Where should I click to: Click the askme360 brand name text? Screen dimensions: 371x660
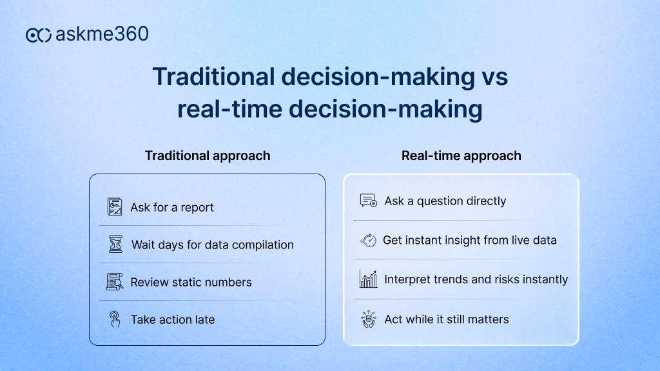(102, 34)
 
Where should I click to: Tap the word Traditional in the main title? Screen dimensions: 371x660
(212, 77)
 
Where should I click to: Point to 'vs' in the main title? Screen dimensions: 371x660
(494, 77)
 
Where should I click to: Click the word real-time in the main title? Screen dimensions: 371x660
(229, 109)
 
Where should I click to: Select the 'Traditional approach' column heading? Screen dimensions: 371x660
(208, 155)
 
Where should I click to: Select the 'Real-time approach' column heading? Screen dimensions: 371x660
(461, 155)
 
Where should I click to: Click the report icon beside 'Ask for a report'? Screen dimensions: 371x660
(114, 207)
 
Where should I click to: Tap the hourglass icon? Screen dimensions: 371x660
(114, 245)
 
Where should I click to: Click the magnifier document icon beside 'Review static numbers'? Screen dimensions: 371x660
(114, 282)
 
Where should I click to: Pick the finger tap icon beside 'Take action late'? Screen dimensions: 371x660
(114, 319)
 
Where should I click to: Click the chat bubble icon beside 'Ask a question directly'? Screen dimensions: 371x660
(368, 201)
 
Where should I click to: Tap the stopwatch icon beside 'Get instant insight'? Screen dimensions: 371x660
(367, 240)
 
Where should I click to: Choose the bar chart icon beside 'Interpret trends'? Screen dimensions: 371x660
(368, 279)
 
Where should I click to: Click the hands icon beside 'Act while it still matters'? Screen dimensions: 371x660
(368, 319)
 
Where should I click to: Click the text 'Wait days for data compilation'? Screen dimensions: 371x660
(212, 245)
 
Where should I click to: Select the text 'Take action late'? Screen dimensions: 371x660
(172, 319)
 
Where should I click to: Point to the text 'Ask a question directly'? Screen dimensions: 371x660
(445, 201)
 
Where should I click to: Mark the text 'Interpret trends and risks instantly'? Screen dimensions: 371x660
(476, 279)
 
